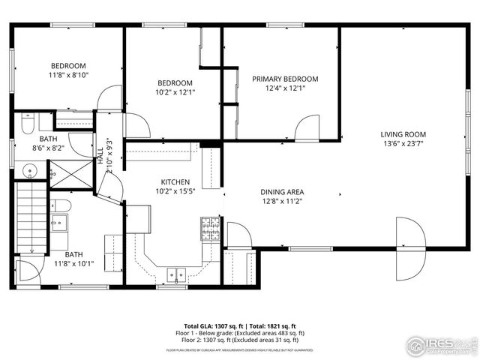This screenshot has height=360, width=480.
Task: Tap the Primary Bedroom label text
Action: [285, 79]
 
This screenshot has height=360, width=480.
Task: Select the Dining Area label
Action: [282, 191]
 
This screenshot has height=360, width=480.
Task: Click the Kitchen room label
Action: [175, 182]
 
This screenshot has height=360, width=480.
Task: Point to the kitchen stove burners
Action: [210, 229]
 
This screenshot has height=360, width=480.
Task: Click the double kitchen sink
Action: [177, 274]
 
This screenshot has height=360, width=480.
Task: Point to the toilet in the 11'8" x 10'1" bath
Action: [62, 205]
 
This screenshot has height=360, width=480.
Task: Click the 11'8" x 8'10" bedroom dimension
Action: [68, 75]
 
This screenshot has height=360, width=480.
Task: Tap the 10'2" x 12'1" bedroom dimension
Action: [175, 92]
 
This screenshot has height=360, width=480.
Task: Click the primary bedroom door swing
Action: [307, 128]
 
